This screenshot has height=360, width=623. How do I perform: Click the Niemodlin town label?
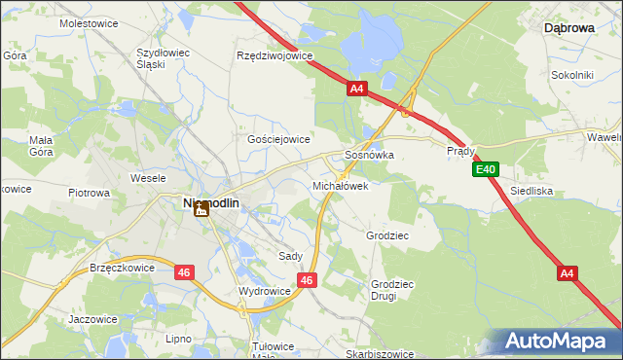[211, 202]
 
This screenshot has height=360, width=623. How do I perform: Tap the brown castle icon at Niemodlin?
[202, 208]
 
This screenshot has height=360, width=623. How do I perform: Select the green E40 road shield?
[487, 170]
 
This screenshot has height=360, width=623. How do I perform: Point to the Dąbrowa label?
[569, 29]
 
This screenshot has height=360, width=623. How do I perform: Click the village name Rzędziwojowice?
[275, 55]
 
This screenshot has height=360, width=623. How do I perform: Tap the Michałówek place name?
[340, 185]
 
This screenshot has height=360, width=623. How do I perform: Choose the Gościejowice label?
[278, 139]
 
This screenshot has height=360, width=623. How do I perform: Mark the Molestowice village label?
[89, 21]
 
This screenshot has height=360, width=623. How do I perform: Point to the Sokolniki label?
[572, 74]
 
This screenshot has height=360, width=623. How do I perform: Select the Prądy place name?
[460, 152]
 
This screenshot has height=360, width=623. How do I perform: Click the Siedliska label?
[531, 192]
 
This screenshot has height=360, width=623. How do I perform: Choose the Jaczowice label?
[93, 318]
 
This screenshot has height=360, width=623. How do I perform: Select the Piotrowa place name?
[89, 193]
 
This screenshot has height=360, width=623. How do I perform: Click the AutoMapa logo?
[561, 342]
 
